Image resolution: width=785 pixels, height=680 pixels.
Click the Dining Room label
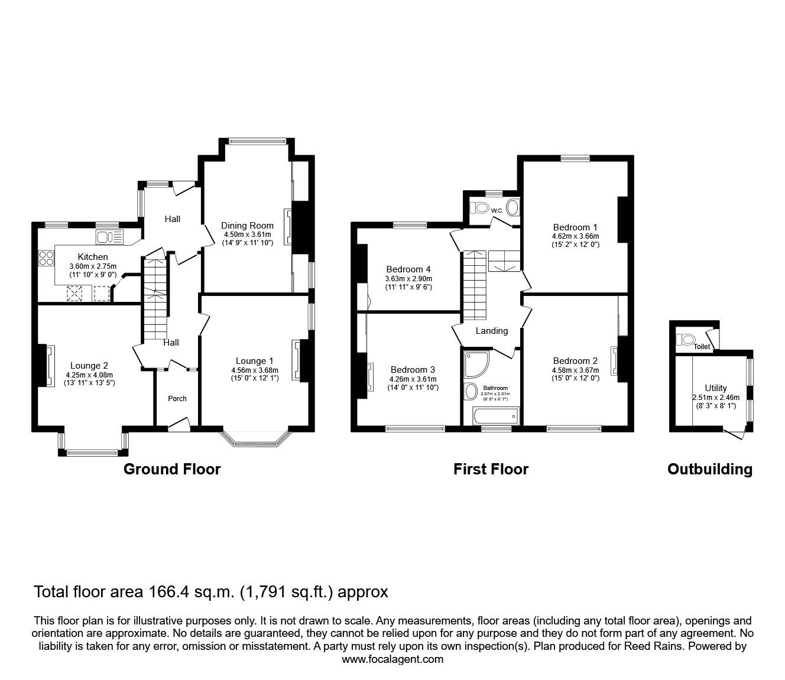click(x=247, y=225)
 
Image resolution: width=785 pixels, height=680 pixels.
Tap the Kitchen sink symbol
click(x=110, y=237)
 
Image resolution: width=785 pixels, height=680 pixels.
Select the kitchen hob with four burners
click(x=46, y=258)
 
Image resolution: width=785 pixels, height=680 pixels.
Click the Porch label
click(x=177, y=398)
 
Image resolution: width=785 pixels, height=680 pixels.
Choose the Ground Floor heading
click(x=171, y=469)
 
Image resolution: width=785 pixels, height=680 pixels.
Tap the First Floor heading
click(x=491, y=469)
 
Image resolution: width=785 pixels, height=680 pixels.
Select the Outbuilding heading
click(x=709, y=469)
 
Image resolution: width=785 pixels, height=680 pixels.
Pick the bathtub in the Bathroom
click(x=495, y=416)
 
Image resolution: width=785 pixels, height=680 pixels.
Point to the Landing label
click(x=492, y=331)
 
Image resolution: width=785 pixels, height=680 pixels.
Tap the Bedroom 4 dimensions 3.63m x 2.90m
click(x=408, y=279)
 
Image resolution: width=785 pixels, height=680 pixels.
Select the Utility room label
click(x=715, y=388)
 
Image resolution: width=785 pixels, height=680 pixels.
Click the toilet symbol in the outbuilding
click(x=686, y=340)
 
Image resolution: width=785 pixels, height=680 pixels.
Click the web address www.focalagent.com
click(x=392, y=659)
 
